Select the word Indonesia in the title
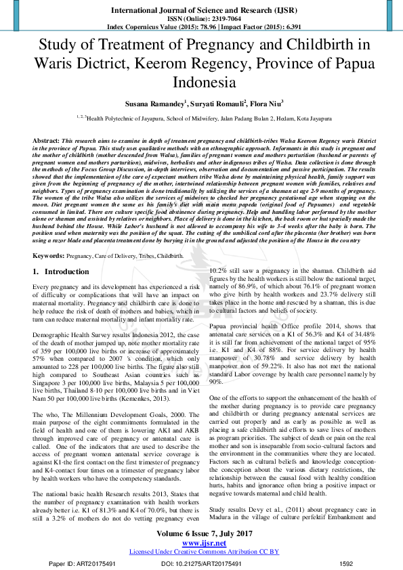coord(201,83)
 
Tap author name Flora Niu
coord(266,104)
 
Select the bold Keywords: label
coord(49,257)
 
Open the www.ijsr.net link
coord(201,543)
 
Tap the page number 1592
coord(347,563)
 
